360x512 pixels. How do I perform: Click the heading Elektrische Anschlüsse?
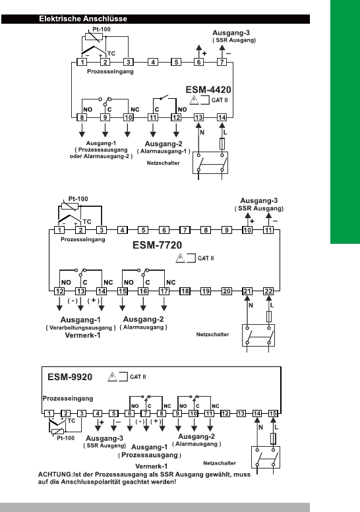click(x=83, y=18)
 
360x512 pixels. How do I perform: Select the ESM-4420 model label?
click(x=208, y=90)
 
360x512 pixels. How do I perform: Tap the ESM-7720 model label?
click(x=157, y=245)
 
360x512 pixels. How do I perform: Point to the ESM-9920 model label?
click(x=70, y=377)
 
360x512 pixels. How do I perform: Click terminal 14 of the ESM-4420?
click(x=222, y=117)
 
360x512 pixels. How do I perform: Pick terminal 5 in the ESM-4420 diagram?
click(x=176, y=62)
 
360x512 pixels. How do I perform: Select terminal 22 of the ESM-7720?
click(x=268, y=291)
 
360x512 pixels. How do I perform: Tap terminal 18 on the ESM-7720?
click(x=185, y=291)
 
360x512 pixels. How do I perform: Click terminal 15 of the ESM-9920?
click(x=273, y=413)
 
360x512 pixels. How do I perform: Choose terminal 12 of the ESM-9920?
click(x=225, y=413)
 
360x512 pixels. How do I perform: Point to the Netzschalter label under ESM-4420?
click(x=163, y=163)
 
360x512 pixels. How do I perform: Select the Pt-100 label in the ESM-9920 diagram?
click(x=66, y=438)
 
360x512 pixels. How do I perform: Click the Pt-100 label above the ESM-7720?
click(x=78, y=199)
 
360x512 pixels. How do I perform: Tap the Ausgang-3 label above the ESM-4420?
click(x=231, y=33)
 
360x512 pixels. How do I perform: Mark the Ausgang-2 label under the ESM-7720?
click(x=144, y=320)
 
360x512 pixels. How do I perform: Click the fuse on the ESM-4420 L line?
click(x=222, y=144)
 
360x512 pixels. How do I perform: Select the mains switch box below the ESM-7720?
click(x=258, y=335)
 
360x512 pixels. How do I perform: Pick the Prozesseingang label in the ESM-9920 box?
click(x=68, y=399)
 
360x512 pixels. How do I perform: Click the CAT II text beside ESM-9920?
click(x=138, y=377)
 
